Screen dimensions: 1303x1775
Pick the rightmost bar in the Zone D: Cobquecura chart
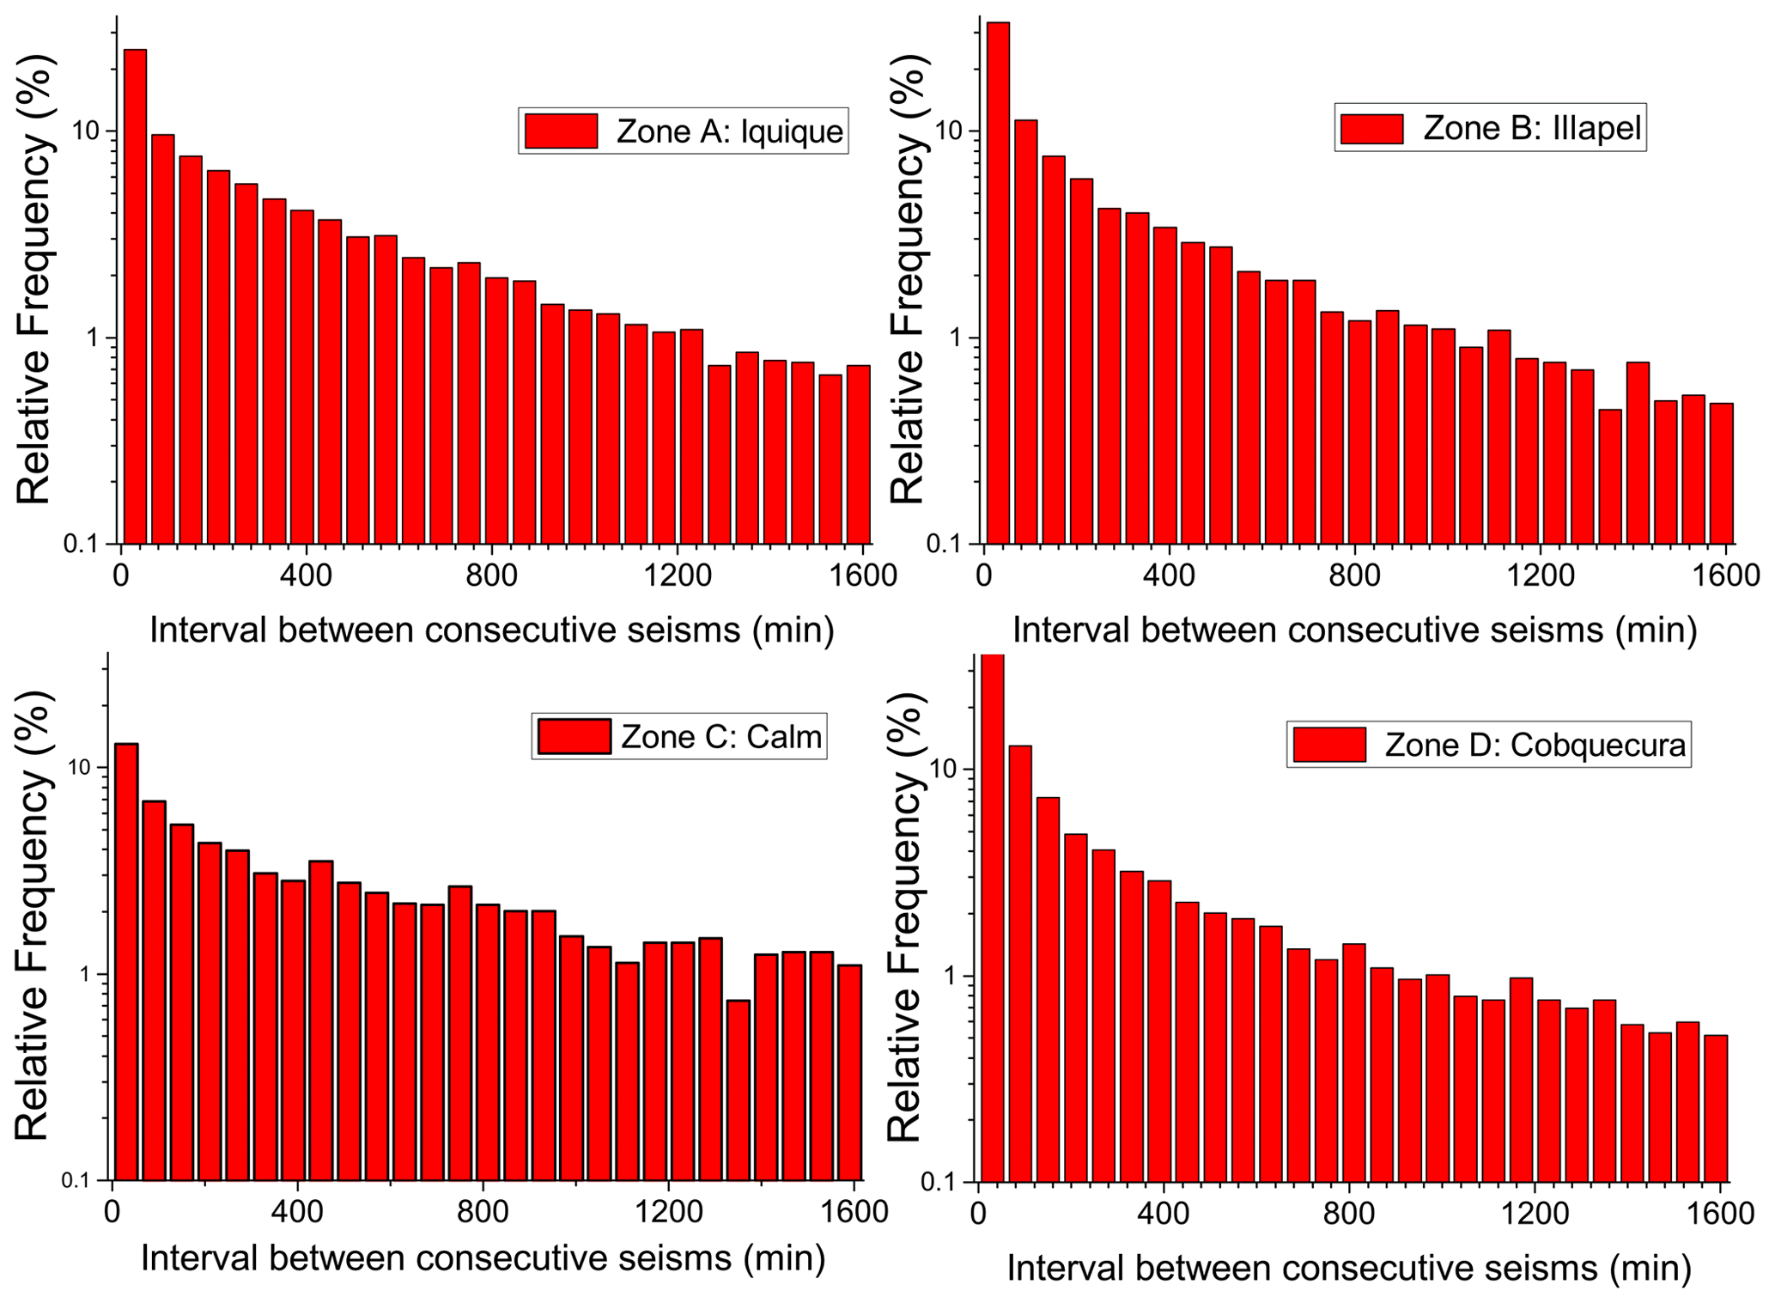pyautogui.click(x=1716, y=1108)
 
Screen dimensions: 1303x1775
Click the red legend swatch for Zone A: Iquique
pyautogui.click(x=562, y=131)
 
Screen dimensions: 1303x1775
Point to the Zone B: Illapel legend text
pyautogui.click(x=1532, y=128)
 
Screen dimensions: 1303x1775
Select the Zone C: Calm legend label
pyautogui.click(x=721, y=737)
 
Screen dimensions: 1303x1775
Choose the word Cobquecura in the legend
pyautogui.click(x=1597, y=745)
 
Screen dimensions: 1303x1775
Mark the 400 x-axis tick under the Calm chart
pyautogui.click(x=297, y=1212)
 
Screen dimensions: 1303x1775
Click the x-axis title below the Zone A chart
pyautogui.click(x=492, y=630)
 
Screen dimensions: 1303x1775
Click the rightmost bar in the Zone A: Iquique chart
pyautogui.click(x=858, y=454)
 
